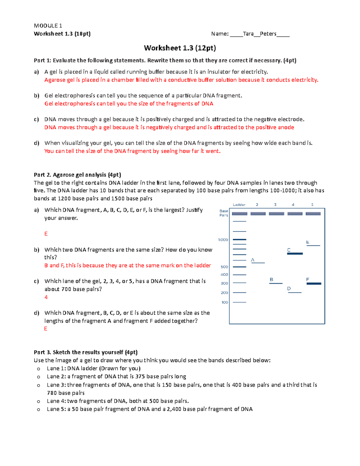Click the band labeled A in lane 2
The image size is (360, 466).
[x=258, y=263]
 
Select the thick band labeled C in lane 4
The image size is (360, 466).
[x=295, y=254]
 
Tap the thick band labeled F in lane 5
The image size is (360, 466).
[x=313, y=284]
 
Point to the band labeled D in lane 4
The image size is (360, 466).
[x=295, y=292]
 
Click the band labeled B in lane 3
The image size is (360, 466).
[x=276, y=283]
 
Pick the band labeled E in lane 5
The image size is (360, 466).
[x=313, y=245]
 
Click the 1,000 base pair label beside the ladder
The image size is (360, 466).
[x=223, y=240]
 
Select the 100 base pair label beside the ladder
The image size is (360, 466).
[x=225, y=302]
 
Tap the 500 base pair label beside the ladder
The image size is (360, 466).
[x=224, y=267]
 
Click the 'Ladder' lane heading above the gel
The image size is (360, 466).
[x=239, y=205]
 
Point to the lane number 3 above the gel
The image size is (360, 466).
[x=275, y=205]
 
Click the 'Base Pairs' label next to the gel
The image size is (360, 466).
[x=224, y=213]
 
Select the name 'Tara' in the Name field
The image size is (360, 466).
[x=248, y=34]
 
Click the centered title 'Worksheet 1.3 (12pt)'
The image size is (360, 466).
[x=180, y=48]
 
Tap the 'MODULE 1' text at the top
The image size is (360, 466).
[x=48, y=26]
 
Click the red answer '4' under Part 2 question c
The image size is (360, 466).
[x=46, y=297]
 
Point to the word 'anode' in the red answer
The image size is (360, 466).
[x=286, y=127]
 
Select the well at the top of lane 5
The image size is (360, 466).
[x=313, y=214]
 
